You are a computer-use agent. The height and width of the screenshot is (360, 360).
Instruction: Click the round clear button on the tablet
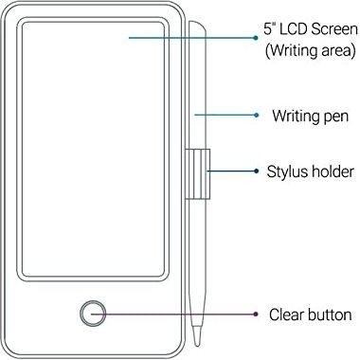93,313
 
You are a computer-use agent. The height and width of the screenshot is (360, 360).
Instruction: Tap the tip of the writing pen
198,342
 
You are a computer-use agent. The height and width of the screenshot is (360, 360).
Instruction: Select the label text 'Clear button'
311,315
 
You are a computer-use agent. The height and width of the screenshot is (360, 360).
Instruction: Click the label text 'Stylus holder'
311,171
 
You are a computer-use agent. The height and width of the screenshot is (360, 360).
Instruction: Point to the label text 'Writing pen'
311,116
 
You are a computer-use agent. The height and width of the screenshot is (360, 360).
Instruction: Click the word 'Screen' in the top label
332,28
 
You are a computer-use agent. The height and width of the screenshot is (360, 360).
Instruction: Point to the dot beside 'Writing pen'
257,116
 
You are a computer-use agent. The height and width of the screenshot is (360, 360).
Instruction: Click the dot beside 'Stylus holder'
257,171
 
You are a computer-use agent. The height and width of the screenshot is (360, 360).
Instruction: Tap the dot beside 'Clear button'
257,314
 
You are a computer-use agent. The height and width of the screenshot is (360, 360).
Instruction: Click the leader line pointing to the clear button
180,314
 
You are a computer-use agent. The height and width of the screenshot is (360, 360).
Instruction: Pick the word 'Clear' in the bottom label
287,315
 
